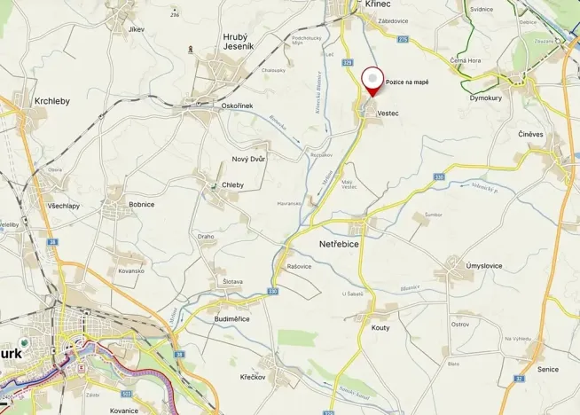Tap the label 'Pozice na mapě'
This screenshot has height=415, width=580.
coord(407,82)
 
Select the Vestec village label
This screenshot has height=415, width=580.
coord(388,114)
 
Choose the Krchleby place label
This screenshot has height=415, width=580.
coord(52,101)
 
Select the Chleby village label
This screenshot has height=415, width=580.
coord(232,184)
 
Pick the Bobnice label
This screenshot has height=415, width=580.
coord(141,204)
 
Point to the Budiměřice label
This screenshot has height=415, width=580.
coord(232,318)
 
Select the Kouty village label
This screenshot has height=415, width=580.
coord(380,327)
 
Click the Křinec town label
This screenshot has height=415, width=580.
coord(379,4)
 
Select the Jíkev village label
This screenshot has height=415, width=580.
coord(136,29)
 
